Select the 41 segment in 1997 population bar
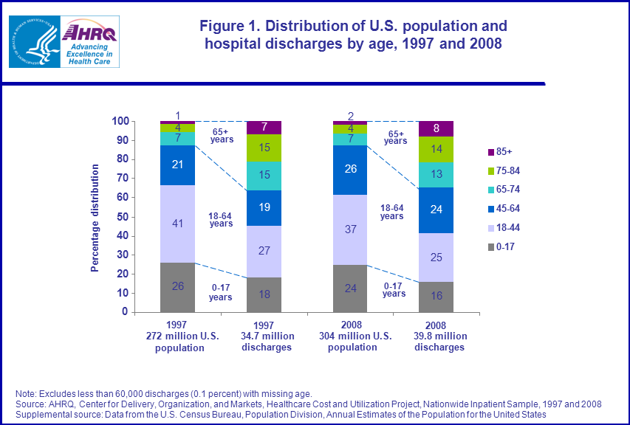177,224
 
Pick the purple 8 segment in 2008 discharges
436,128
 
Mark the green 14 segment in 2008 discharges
436,149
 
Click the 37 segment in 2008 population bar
350,229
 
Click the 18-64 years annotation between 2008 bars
392,212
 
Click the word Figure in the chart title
223,27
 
